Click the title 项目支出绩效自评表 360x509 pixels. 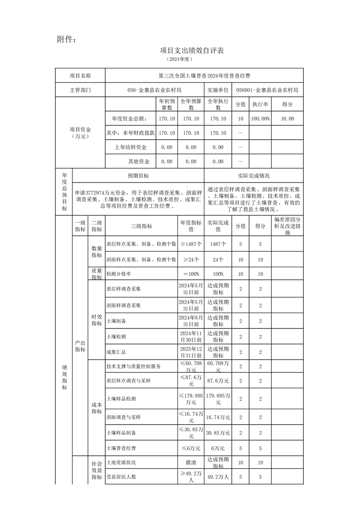click(192, 50)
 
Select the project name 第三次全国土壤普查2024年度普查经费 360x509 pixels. click(204, 76)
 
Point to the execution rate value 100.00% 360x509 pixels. click(261, 118)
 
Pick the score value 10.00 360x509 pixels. click(287, 118)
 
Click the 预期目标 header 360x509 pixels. click(138, 176)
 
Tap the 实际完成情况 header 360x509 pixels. click(253, 176)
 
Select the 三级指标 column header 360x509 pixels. click(141, 226)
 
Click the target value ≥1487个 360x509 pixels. click(191, 244)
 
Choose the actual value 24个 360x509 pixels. click(218, 259)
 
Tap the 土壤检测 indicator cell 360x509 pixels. click(116, 337)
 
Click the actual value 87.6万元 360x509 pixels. click(218, 380)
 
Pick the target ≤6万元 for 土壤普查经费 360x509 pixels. click(191, 448)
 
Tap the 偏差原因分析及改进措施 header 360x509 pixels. click(287, 225)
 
